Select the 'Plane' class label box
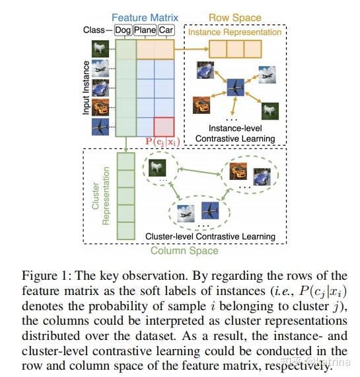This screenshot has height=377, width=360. [x=145, y=30]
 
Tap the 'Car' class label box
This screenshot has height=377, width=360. [x=165, y=30]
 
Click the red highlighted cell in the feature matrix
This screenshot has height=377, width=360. [x=164, y=126]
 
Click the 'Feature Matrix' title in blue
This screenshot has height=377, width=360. [x=144, y=17]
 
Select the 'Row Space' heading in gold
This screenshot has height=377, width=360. [x=236, y=17]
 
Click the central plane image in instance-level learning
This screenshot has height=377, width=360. [x=235, y=86]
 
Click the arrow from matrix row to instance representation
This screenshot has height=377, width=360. [x=192, y=49]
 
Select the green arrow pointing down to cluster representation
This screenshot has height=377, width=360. [x=124, y=146]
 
